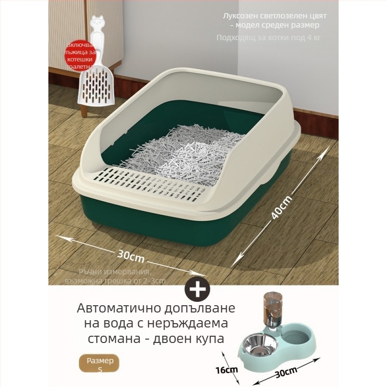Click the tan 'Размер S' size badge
[x=100, y=365]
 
